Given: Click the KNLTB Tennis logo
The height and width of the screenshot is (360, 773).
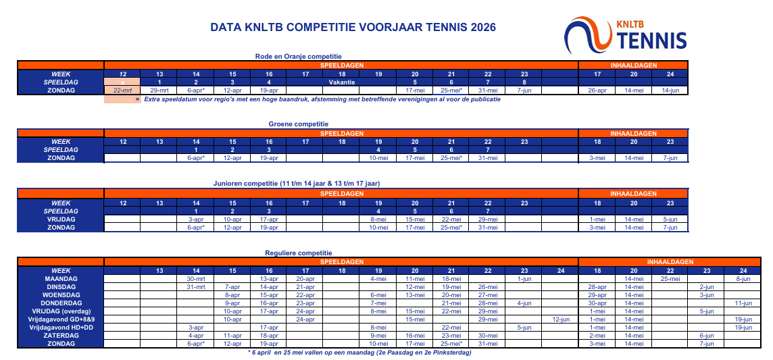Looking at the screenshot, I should click(626, 35).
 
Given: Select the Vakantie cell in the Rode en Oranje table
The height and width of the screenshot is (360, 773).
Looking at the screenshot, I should click(342, 82).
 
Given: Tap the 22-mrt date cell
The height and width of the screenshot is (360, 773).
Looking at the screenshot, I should click(122, 90).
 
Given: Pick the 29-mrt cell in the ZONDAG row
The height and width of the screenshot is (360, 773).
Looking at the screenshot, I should click(159, 90).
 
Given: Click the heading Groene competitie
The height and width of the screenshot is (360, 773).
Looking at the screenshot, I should click(298, 124).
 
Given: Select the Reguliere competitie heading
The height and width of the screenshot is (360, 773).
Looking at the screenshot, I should click(299, 252).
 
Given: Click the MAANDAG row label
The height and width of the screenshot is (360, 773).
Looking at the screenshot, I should click(61, 278).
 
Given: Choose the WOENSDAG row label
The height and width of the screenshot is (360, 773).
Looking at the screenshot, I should click(61, 294).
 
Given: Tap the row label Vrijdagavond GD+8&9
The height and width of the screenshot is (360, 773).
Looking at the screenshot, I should click(61, 319).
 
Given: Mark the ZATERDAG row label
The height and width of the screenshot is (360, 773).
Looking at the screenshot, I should click(61, 335).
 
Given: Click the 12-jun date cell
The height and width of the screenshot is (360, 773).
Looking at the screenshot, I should click(561, 319).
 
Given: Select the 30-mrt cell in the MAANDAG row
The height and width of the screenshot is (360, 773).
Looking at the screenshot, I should click(195, 278).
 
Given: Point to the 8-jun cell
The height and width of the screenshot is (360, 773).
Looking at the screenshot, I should click(743, 278).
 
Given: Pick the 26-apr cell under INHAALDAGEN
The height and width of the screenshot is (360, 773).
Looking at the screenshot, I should click(597, 90).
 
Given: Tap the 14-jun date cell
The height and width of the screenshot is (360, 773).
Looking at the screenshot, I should click(670, 90).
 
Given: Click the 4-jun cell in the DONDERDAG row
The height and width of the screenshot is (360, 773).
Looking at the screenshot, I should click(524, 303).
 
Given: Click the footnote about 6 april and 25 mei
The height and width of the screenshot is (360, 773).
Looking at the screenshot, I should click(359, 352).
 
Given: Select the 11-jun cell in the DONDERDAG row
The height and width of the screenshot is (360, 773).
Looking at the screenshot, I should click(743, 303).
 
